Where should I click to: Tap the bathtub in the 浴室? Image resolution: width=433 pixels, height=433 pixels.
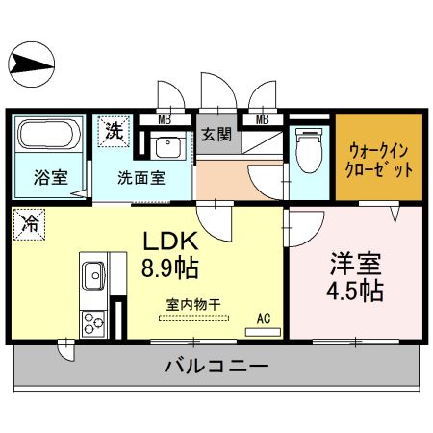pos(48,135)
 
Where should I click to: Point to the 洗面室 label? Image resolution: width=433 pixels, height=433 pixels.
pos(141,178)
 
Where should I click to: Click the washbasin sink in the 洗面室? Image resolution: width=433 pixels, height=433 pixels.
pos(169,147)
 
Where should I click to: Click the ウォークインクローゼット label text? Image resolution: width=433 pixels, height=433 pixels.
pos(379,158)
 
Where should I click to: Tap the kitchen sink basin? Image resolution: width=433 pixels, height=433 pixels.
pos(92,275)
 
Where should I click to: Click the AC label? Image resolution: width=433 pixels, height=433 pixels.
pos(263,317)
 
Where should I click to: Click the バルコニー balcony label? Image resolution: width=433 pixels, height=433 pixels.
pos(216,367)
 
